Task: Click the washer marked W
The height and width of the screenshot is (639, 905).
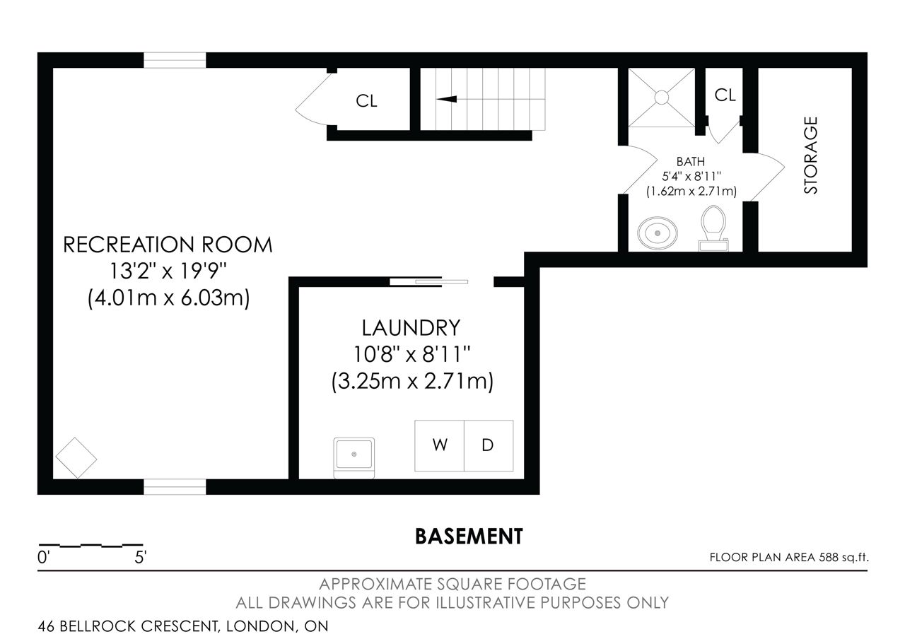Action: click(x=439, y=445)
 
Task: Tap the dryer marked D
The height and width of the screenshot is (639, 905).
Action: click(x=489, y=445)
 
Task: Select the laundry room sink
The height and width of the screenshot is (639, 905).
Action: click(x=354, y=457)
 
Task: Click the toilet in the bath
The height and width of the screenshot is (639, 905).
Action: click(x=713, y=228)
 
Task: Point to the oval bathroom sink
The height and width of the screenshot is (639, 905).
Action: click(x=658, y=233)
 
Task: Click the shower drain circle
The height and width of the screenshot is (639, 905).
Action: click(x=661, y=98)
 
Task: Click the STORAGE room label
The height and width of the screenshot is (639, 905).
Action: click(x=810, y=155)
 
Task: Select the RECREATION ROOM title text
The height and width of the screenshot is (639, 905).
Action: click(x=168, y=245)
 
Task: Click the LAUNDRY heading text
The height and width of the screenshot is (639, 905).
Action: click(x=411, y=327)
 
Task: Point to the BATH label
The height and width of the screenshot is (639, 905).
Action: click(x=691, y=162)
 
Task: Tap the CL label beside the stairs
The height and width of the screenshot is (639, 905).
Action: click(x=366, y=101)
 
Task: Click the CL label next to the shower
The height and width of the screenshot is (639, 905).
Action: click(x=725, y=95)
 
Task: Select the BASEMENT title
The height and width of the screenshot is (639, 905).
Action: click(x=469, y=537)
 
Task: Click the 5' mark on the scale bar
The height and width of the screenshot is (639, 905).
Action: click(x=140, y=558)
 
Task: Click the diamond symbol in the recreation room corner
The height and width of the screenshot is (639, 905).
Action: click(x=76, y=458)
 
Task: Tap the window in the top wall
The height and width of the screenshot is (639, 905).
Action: click(x=175, y=60)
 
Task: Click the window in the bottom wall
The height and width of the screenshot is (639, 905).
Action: click(x=175, y=487)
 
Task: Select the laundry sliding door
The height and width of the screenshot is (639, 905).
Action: click(x=428, y=281)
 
